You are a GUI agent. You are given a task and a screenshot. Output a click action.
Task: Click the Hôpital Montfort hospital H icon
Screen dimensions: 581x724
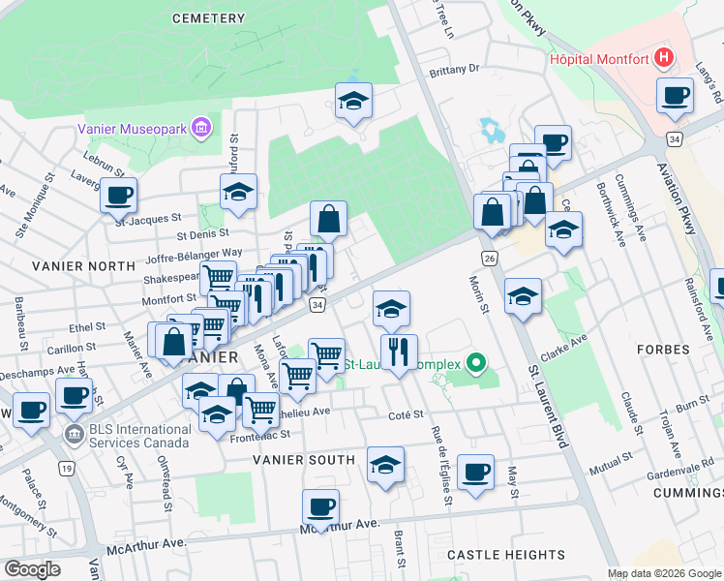664,58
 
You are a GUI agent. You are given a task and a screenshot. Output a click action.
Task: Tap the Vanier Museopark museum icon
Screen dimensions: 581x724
201,128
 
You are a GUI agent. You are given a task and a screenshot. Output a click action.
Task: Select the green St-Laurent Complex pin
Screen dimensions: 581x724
475,364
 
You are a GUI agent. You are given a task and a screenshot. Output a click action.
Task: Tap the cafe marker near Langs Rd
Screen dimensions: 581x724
675,96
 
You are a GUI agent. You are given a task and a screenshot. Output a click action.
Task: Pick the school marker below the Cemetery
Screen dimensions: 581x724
353,100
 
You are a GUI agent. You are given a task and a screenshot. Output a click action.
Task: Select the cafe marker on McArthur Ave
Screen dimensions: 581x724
320,506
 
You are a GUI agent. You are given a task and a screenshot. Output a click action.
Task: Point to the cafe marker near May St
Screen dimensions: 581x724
475,472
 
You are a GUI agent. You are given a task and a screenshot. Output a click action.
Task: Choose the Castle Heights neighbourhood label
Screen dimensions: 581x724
506,555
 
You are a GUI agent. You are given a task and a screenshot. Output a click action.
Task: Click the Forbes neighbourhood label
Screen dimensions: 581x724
663,349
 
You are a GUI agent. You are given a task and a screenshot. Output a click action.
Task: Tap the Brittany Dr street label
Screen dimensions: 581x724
455,70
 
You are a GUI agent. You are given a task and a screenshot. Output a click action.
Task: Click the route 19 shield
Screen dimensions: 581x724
66,469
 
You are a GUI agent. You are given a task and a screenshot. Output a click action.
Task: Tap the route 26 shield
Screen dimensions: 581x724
490,259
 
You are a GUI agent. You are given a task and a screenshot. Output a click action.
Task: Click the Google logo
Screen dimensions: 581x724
33,569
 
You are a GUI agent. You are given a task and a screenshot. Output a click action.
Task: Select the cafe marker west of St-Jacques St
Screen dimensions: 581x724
118,195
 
